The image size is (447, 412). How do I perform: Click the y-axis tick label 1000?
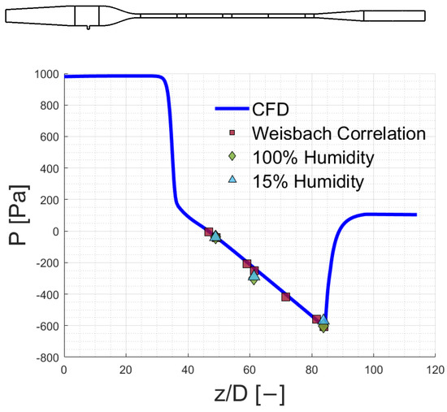[x=47, y=75]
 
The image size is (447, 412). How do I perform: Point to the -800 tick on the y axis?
[x=48, y=358]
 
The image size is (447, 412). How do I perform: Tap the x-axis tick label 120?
[x=435, y=370]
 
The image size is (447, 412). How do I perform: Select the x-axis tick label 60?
[x=250, y=370]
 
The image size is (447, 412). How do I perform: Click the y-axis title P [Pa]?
[x=19, y=215]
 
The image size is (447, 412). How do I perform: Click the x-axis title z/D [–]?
[x=250, y=394]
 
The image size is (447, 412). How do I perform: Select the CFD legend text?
[x=271, y=109]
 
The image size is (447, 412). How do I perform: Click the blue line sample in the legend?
[x=232, y=109]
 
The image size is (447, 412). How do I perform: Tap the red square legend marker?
[x=232, y=133]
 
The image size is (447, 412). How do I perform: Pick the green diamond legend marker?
[x=232, y=156]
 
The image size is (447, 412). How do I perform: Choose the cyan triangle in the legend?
[x=233, y=179]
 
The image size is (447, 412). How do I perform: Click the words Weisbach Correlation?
[x=339, y=133]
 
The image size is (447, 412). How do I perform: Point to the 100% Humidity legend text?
[x=313, y=157]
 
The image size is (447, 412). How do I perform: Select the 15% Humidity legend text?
[x=309, y=181]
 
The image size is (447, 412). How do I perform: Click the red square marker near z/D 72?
[x=286, y=297]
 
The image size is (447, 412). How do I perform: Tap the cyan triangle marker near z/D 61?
[x=254, y=275]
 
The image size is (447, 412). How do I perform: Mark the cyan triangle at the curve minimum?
[x=323, y=319]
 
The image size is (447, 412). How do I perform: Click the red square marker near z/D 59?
[x=247, y=264]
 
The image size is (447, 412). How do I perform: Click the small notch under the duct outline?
[x=89, y=28]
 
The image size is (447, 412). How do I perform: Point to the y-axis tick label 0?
[x=55, y=232]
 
